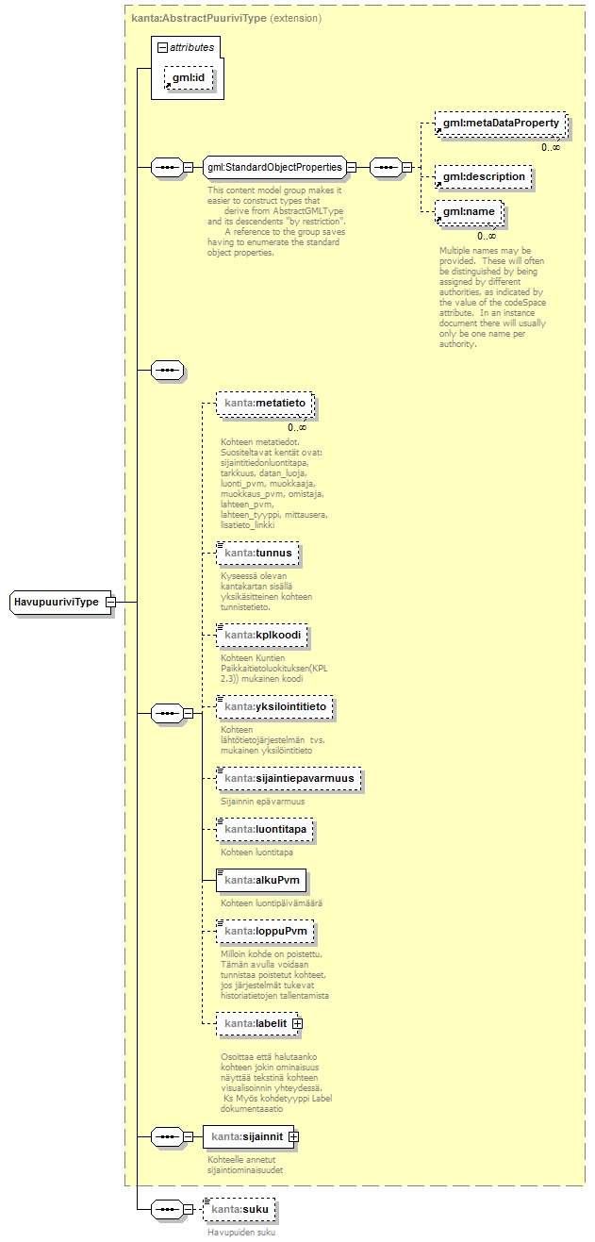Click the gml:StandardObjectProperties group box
[273, 167]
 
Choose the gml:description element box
[484, 176]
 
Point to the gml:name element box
[469, 212]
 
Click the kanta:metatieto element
[265, 403]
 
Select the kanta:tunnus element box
[257, 552]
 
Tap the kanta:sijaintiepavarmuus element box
[289, 779]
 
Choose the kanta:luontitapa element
[264, 829]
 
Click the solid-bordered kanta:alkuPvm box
[261, 881]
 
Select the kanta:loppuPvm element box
[265, 932]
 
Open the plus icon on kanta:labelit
[297, 1022]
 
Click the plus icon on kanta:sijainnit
[293, 1136]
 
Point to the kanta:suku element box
[242, 1209]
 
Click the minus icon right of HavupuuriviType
[110, 602]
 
